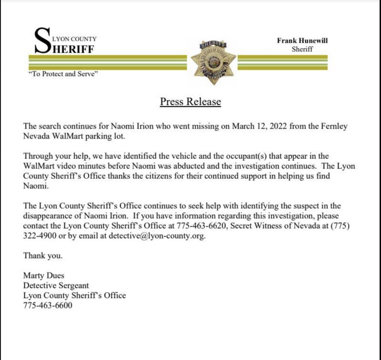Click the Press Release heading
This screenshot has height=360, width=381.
pos(190,102)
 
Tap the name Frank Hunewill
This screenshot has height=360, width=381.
pos(302,41)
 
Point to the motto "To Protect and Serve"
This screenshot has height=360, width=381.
pos(63,74)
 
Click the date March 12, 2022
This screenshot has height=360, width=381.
pos(260,126)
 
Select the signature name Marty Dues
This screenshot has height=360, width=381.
pos(44,276)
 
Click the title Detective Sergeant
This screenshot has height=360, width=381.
pos(56,286)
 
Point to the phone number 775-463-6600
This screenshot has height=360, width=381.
pos(48,306)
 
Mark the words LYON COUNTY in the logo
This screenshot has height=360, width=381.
pos(74,39)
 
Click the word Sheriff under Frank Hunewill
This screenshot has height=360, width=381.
pos(302,49)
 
